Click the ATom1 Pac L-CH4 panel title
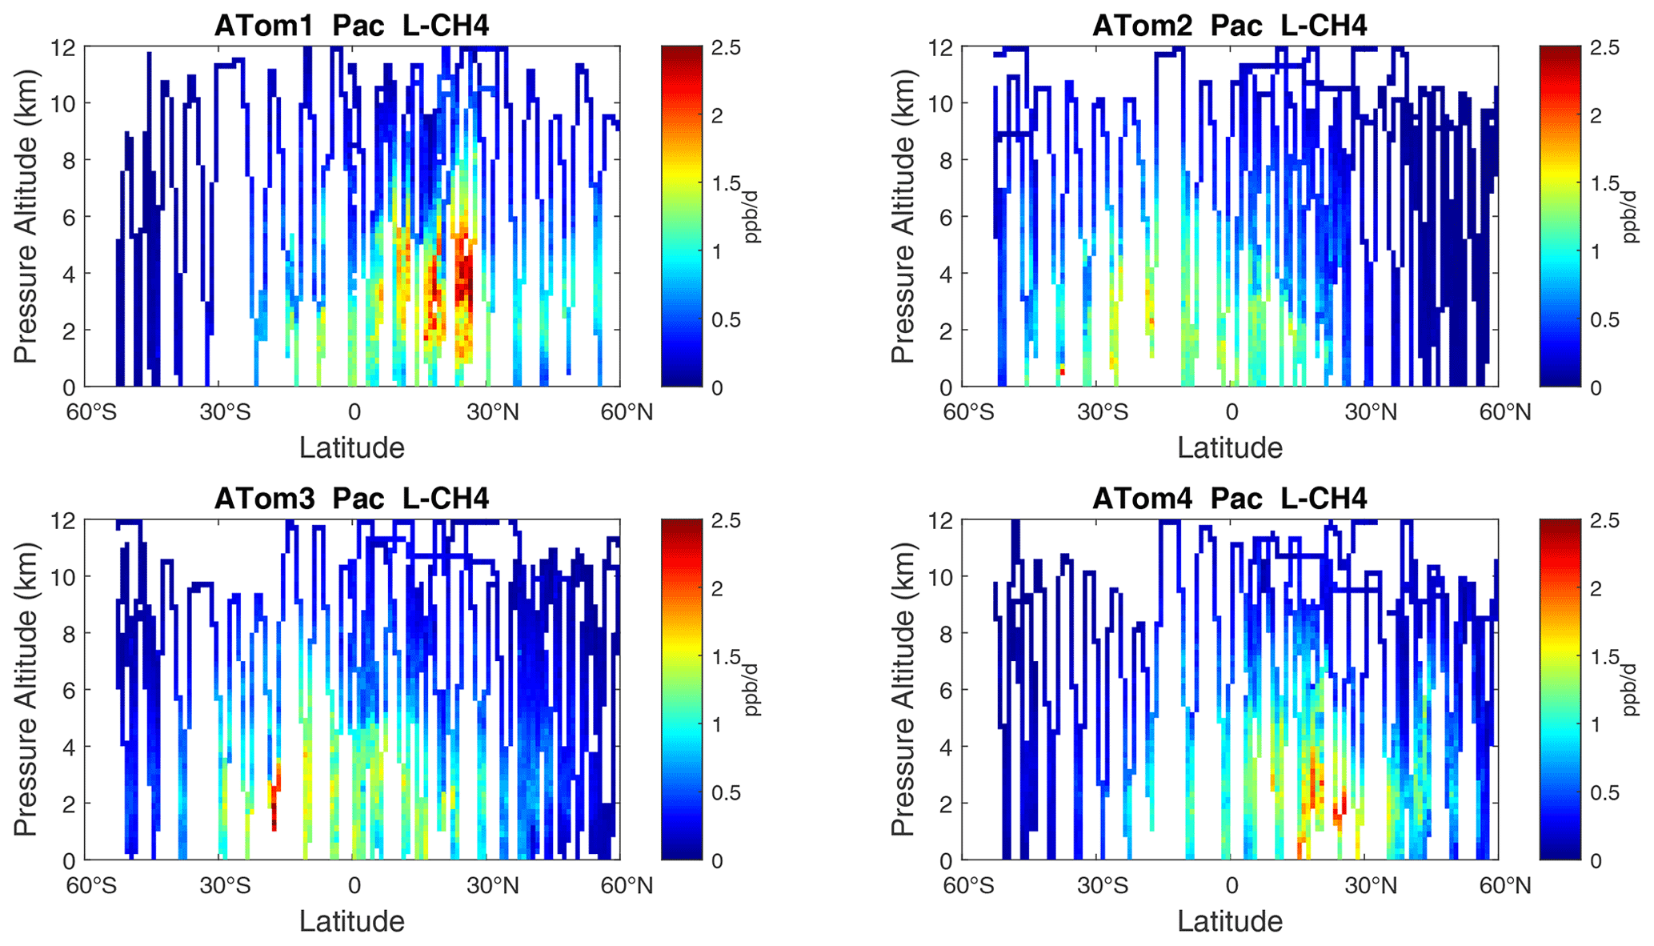pos(351,26)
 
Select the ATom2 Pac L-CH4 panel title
pos(1229,26)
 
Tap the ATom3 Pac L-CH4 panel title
pos(351,499)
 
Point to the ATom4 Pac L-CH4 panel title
pos(1229,499)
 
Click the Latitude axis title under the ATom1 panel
pos(352,447)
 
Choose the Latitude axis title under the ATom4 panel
pos(1230,920)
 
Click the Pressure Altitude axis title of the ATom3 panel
pos(26,689)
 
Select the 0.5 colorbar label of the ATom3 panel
pos(727,792)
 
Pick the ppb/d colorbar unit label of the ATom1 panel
pos(752,216)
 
